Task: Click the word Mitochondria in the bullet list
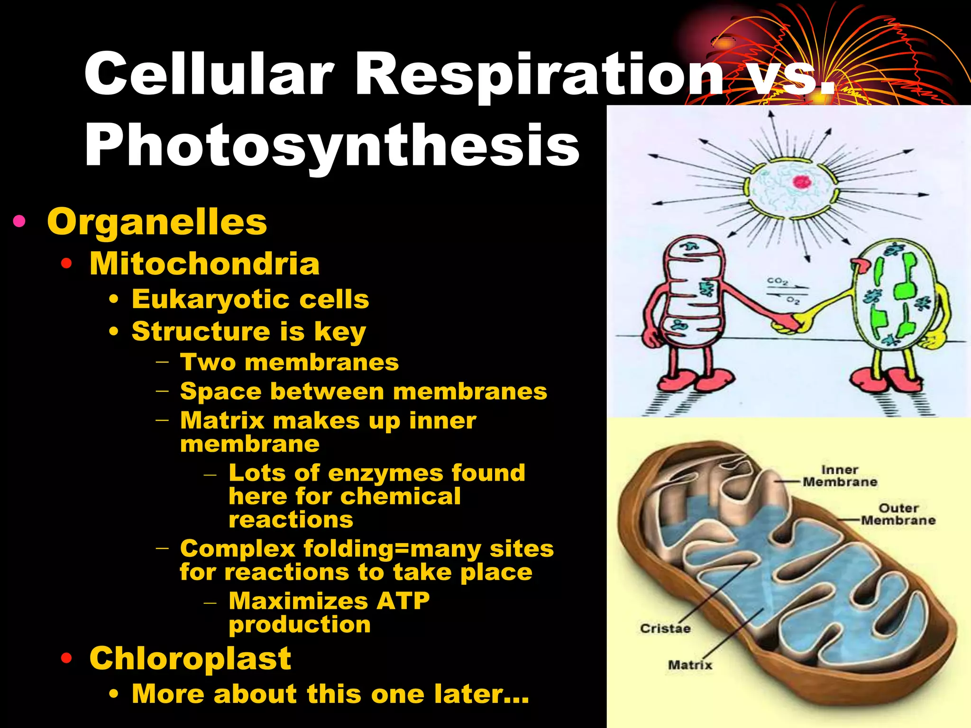[204, 264]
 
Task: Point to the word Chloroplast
[190, 658]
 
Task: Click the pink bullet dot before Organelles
[19, 221]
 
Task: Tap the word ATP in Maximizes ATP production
[403, 601]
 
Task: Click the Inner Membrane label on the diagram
[840, 476]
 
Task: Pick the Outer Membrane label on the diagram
[898, 514]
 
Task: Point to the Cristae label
[665, 628]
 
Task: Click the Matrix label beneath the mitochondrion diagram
[690, 665]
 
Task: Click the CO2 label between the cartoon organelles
[778, 281]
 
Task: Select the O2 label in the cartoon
[793, 300]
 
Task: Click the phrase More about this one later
[330, 694]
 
